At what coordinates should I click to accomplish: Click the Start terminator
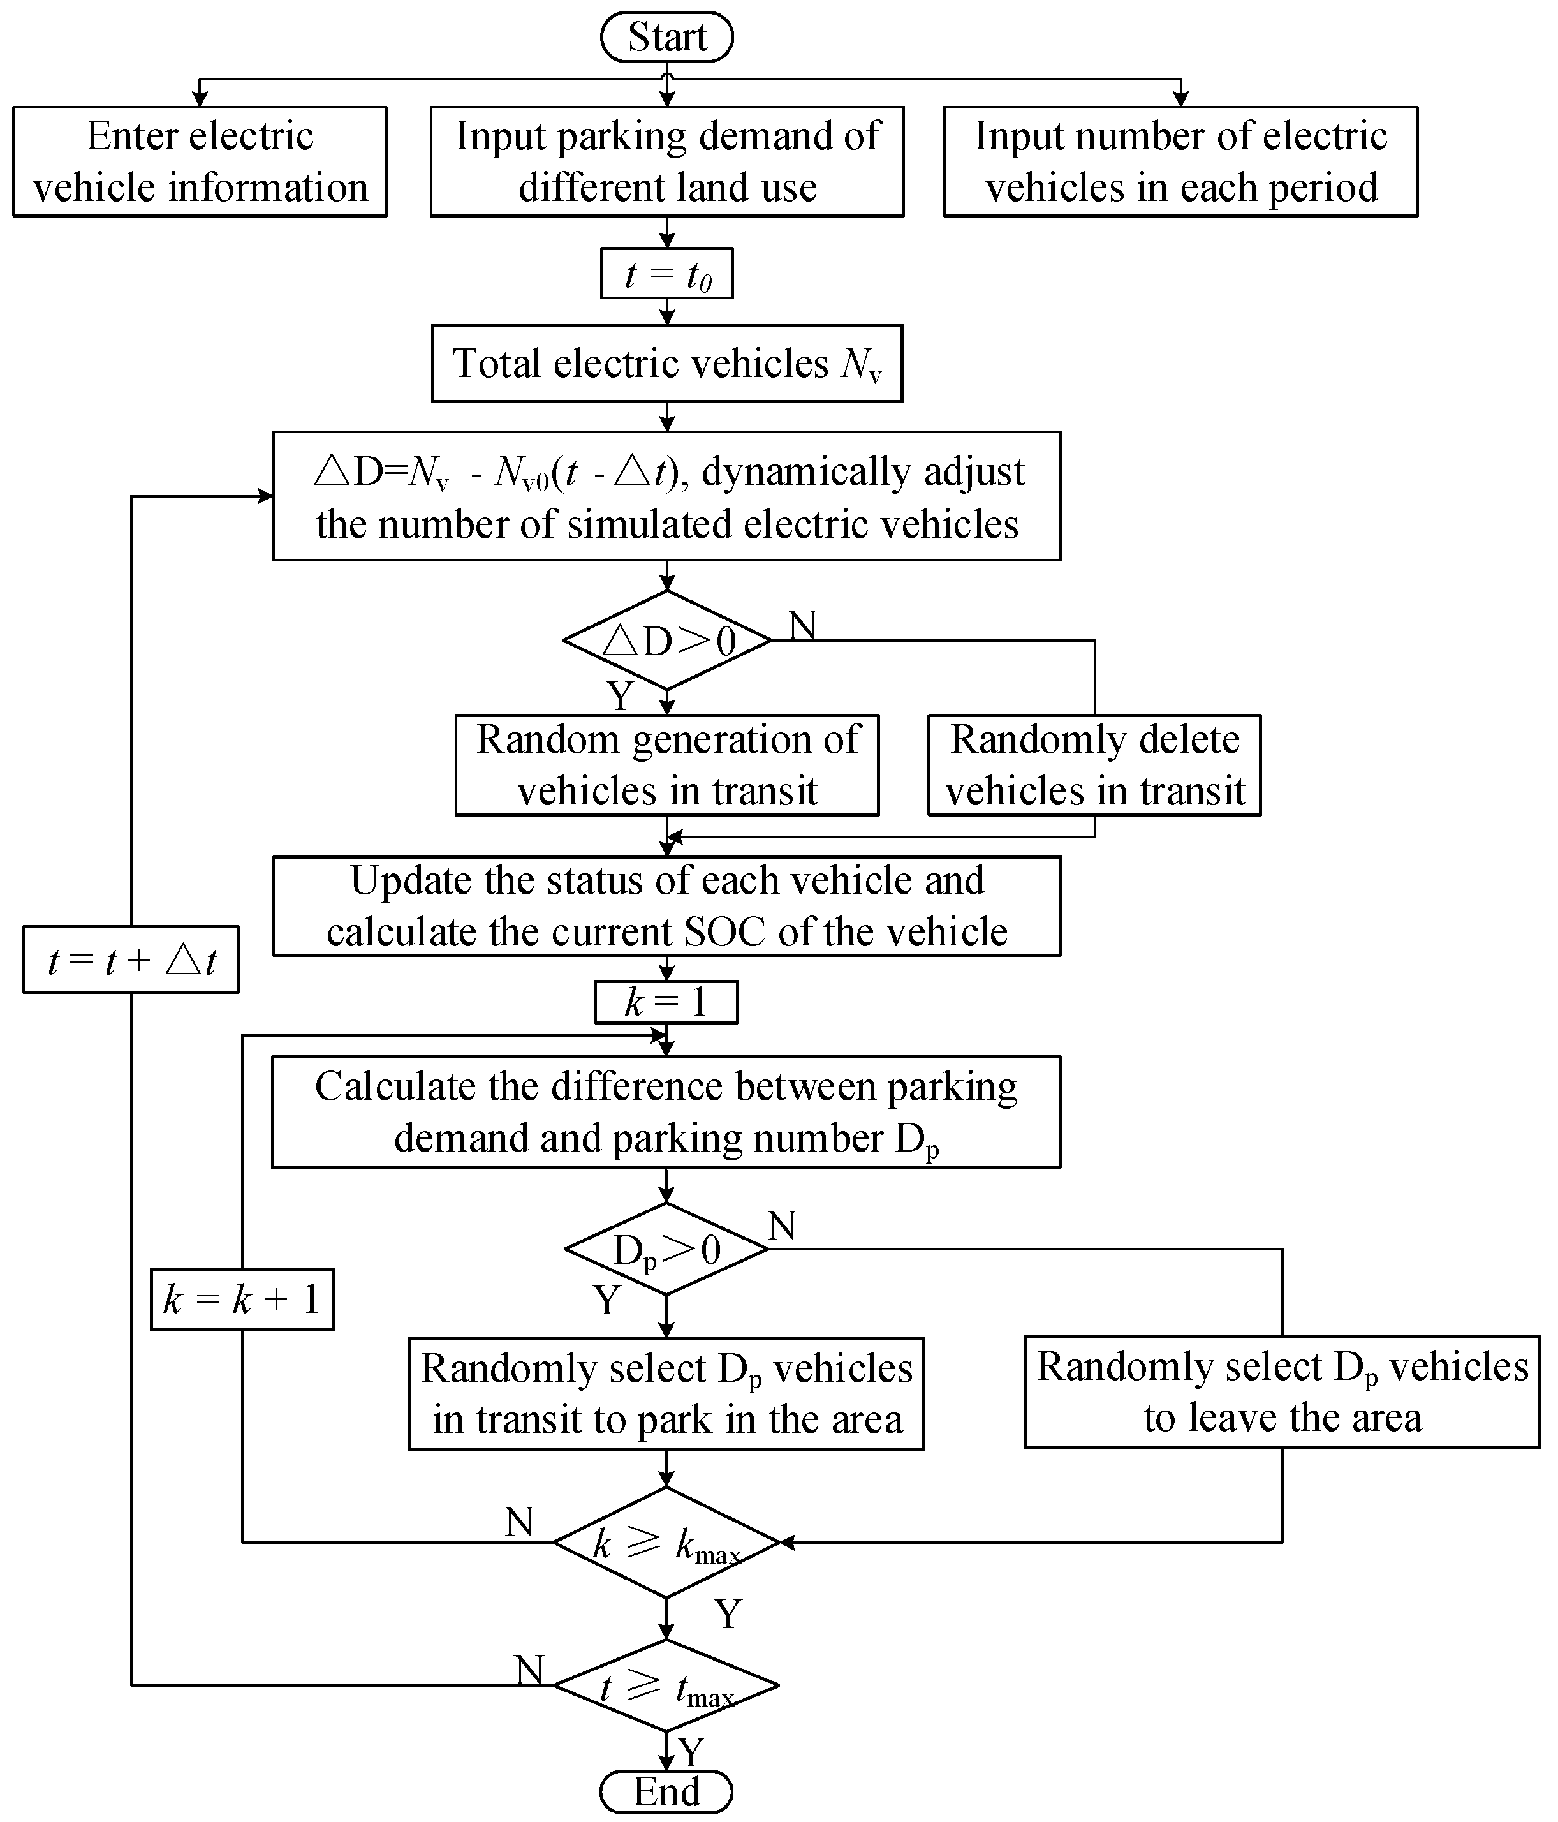tap(666, 37)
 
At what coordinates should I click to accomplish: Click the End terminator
tap(666, 1791)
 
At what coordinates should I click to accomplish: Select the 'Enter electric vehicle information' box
tap(200, 162)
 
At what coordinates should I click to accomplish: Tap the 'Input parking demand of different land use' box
tap(666, 162)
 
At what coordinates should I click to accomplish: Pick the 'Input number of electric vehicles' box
tap(1180, 162)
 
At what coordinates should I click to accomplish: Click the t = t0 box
tap(666, 274)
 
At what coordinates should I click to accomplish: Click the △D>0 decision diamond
tap(666, 640)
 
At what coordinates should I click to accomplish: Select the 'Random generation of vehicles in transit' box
tap(666, 765)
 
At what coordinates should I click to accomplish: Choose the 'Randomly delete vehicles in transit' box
tap(1094, 765)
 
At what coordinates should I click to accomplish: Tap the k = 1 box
tap(666, 1002)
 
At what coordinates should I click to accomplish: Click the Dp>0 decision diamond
tap(666, 1248)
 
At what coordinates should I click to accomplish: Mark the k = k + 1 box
tap(242, 1300)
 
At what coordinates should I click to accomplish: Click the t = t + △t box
tap(131, 959)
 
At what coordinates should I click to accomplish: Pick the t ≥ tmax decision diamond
tap(666, 1685)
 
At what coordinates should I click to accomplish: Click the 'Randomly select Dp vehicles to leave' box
tap(1282, 1393)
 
